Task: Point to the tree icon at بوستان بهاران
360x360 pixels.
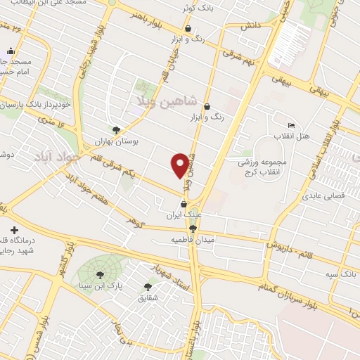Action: click(x=116, y=130)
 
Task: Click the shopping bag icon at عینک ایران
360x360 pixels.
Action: click(x=185, y=204)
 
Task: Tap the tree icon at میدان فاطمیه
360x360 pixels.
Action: click(x=193, y=229)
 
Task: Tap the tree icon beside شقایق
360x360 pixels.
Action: click(x=148, y=287)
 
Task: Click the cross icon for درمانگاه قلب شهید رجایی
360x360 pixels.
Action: click(x=14, y=230)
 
